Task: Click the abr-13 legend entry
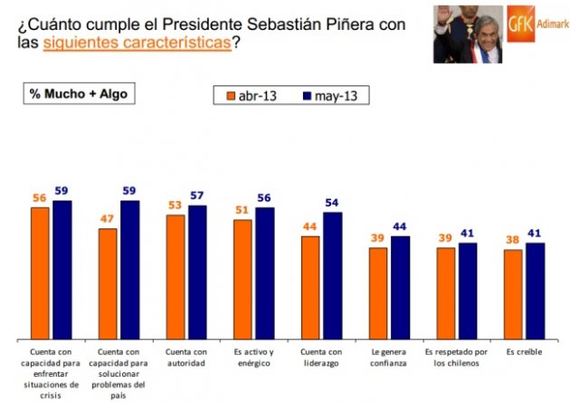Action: point(249,95)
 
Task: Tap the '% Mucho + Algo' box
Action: point(80,93)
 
